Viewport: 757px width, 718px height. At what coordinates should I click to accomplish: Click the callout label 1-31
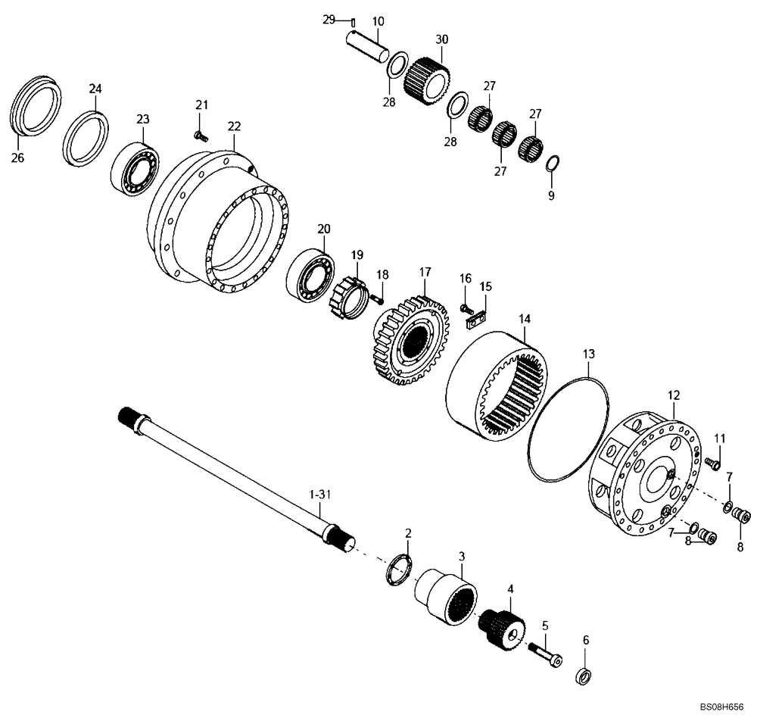coord(320,494)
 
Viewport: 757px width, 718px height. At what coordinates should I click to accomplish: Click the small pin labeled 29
coord(352,20)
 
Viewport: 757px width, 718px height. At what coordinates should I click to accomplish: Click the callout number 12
coord(674,395)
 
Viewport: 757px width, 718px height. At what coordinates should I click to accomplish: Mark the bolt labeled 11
coord(712,464)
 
